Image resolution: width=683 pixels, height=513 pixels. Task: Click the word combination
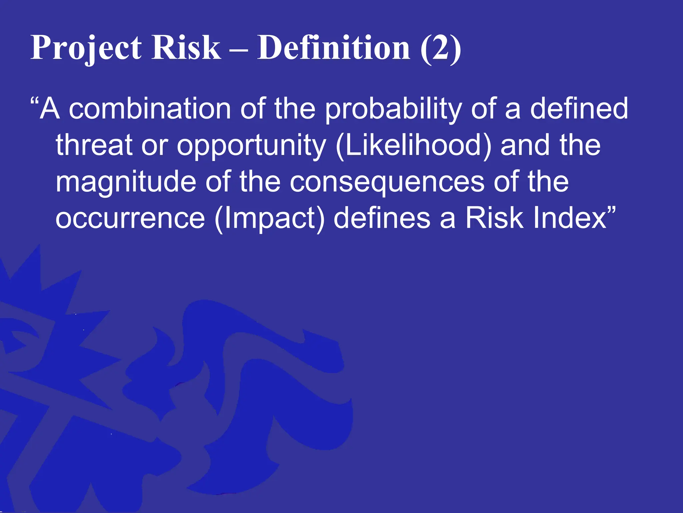(x=150, y=109)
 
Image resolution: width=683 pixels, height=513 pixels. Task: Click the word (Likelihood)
(x=414, y=145)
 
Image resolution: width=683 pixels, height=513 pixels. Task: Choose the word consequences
(x=387, y=182)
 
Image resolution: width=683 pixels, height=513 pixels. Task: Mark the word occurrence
(x=130, y=219)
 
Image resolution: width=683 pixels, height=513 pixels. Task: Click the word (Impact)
(x=269, y=219)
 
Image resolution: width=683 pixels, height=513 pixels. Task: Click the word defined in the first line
(x=579, y=109)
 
